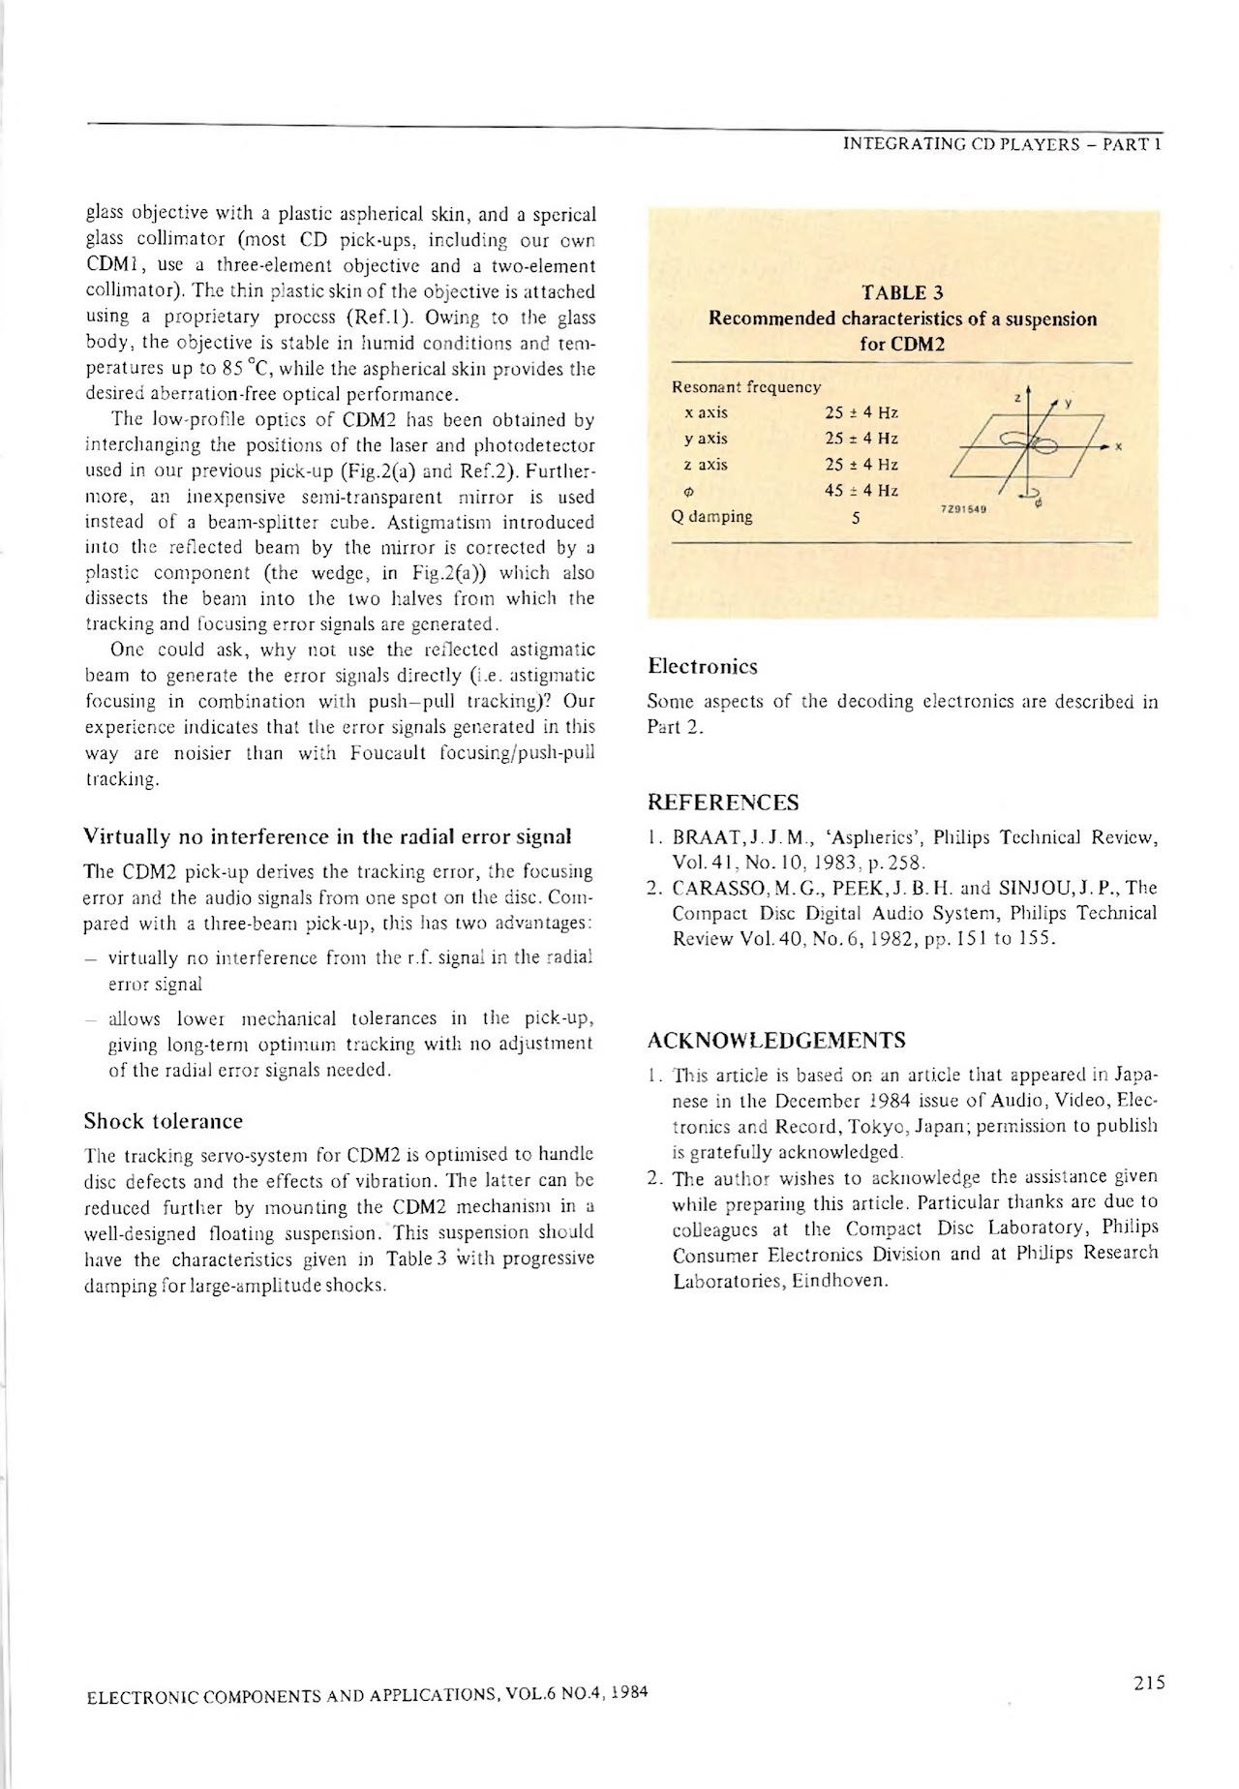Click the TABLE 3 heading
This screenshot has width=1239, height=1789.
902,293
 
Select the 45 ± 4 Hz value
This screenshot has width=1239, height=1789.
861,490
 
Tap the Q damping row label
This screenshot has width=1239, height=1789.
711,516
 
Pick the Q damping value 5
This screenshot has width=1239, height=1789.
856,518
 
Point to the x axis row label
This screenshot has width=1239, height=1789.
706,412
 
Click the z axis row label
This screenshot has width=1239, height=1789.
706,465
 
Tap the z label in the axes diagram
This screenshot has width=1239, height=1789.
1016,397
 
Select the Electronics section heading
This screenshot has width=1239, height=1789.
703,666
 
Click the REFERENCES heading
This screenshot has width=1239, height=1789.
722,803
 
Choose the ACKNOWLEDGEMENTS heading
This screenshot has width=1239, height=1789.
776,1041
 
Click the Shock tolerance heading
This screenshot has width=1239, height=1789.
164,1121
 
